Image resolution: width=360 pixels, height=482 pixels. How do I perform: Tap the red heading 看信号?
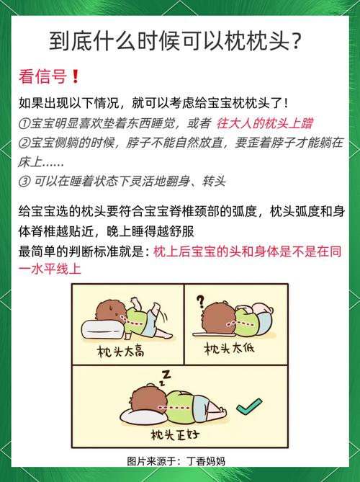pyautogui.click(x=42, y=76)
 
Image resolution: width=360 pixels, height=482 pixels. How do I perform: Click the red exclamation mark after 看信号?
pyautogui.click(x=76, y=76)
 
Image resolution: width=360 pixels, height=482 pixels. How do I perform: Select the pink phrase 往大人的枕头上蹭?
pyautogui.click(x=264, y=123)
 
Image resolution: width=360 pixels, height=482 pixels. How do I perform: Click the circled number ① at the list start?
pyautogui.click(x=24, y=124)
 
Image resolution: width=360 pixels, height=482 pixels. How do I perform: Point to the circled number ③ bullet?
pyautogui.click(x=24, y=182)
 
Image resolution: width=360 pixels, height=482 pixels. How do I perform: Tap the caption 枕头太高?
pyautogui.click(x=120, y=352)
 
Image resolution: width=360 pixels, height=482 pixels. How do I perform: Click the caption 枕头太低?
pyautogui.click(x=229, y=349)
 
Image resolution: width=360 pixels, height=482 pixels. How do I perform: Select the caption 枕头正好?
pyautogui.click(x=175, y=434)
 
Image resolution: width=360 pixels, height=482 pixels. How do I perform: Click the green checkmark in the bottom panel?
pyautogui.click(x=249, y=406)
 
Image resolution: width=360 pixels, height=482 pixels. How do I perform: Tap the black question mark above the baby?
pyautogui.click(x=201, y=302)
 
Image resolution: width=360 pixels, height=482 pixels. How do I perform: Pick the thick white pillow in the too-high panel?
pyautogui.click(x=102, y=329)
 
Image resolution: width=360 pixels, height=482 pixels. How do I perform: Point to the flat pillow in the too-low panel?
pyautogui.click(x=214, y=334)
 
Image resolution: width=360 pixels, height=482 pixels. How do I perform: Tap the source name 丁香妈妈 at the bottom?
pyautogui.click(x=206, y=461)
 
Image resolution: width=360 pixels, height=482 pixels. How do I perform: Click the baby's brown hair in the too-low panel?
pyautogui.click(x=219, y=318)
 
